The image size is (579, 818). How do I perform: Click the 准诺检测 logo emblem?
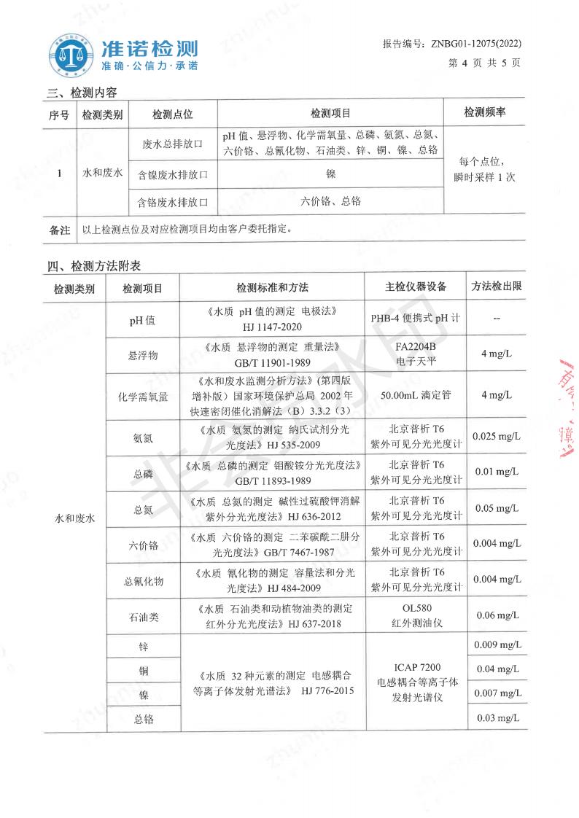tap(72, 52)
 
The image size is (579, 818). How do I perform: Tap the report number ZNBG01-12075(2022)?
tap(451, 44)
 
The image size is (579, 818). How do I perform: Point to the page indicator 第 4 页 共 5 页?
tap(484, 63)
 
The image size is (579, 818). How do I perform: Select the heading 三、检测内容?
tap(82, 93)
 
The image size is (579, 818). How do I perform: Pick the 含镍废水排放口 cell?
tap(173, 175)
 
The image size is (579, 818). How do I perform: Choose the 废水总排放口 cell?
tap(173, 144)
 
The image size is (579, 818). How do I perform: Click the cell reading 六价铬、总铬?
tap(330, 200)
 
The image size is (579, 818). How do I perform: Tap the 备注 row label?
tap(59, 229)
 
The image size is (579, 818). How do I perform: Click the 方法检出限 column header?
tap(497, 286)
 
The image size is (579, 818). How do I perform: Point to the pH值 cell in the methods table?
tap(141, 320)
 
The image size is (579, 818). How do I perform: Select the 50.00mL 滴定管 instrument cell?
tap(416, 395)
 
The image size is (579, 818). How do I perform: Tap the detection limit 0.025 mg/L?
tap(496, 436)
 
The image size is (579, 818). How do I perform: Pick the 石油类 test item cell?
tap(141, 618)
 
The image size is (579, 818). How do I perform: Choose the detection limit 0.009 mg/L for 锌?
tap(496, 644)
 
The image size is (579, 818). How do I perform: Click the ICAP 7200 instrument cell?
tap(417, 682)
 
